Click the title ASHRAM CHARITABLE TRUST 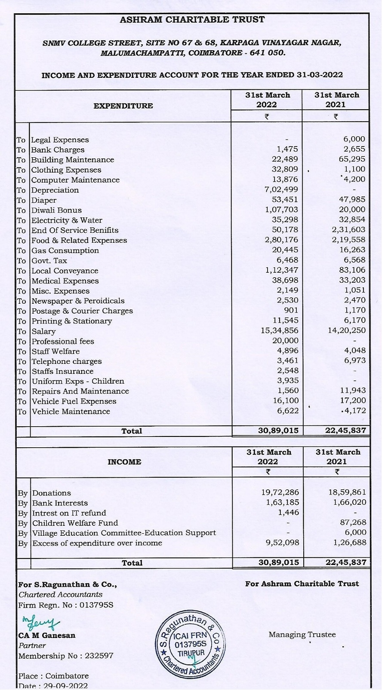pyautogui.click(x=192, y=20)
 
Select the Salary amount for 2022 pyautogui.click(x=279, y=331)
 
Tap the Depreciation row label pyautogui.click(x=55, y=190)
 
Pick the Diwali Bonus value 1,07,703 pyautogui.click(x=281, y=210)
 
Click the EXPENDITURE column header pyautogui.click(x=123, y=106)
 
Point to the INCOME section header pyautogui.click(x=124, y=462)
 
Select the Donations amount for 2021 pyautogui.click(x=347, y=493)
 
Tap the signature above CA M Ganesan pyautogui.click(x=41, y=622)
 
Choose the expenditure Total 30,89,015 pyautogui.click(x=278, y=430)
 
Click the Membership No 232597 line pyautogui.click(x=66, y=656)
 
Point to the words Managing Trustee pyautogui.click(x=302, y=635)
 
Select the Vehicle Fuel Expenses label pyautogui.click(x=74, y=401)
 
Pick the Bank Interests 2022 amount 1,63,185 pyautogui.click(x=282, y=503)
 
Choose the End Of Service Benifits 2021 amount pyautogui.click(x=348, y=230)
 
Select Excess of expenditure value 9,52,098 pyautogui.click(x=282, y=543)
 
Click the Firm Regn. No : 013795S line pyautogui.click(x=66, y=605)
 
